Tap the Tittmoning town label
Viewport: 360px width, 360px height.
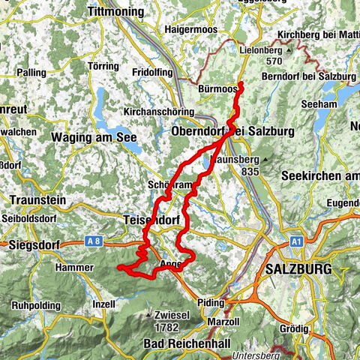(120, 13)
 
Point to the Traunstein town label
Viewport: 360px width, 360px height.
(38, 201)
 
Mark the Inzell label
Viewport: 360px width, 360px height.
(103, 305)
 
